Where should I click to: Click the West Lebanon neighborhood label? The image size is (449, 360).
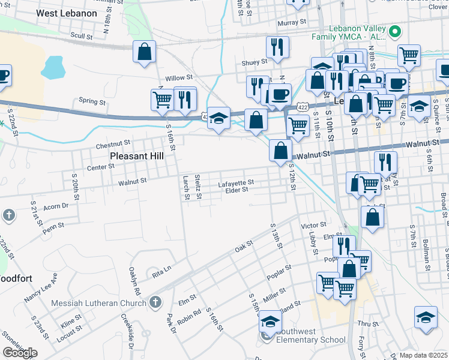[66, 13]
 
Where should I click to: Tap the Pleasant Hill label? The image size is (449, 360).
[137, 156]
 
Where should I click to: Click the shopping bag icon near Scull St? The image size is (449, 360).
[145, 52]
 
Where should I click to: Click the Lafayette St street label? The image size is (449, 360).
[236, 182]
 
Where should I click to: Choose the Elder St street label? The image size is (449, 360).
[237, 190]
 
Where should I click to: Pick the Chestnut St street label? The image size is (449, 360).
[113, 145]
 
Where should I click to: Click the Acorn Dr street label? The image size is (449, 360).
[56, 206]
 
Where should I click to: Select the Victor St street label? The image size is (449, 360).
[313, 226]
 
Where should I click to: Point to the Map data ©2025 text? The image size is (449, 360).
[415, 355]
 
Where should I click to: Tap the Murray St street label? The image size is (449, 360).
[292, 22]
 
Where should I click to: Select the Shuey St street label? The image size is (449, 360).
[254, 62]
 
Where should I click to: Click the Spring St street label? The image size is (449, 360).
[92, 102]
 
